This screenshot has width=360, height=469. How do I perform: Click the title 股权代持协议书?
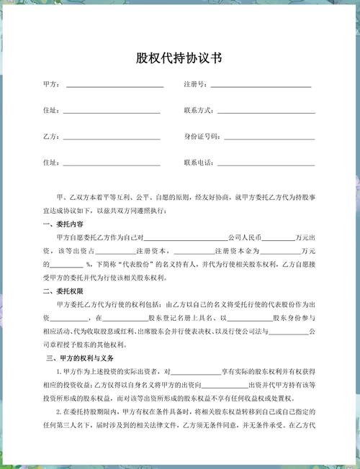(x=179, y=58)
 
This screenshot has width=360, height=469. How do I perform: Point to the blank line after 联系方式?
(x=266, y=112)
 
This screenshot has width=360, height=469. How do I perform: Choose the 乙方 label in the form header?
(x=52, y=136)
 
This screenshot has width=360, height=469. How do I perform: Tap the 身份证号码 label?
(x=202, y=136)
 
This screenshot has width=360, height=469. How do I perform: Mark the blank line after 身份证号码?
(x=268, y=137)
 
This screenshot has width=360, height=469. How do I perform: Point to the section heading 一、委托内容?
(x=63, y=223)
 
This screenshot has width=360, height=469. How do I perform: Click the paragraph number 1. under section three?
(x=59, y=371)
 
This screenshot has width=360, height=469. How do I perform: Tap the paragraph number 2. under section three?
(x=59, y=411)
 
